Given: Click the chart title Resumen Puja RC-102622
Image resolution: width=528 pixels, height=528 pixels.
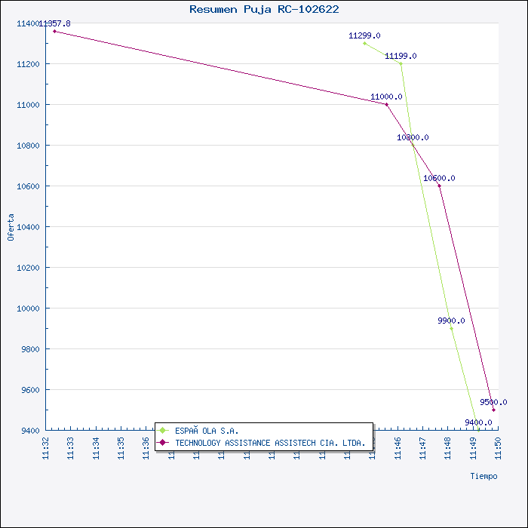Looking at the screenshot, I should (264, 9).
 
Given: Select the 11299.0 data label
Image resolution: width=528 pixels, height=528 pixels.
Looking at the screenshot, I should (364, 35).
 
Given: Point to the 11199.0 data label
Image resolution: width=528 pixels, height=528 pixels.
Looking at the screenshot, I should (401, 56).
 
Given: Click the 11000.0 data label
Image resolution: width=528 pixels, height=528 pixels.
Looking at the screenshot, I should (386, 97).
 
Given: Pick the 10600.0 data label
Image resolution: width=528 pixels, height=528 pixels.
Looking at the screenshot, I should (439, 178).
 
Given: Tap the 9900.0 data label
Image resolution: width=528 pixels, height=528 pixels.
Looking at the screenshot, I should (451, 321).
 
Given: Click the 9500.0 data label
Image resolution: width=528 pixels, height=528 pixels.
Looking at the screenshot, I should (493, 402).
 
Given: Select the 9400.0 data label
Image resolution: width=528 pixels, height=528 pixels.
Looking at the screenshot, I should (478, 422).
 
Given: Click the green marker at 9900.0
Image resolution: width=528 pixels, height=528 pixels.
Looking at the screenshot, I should (451, 328).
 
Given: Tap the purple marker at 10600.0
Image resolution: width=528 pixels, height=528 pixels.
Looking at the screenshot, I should (439, 186).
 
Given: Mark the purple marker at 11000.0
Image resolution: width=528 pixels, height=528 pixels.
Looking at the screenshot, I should (387, 104).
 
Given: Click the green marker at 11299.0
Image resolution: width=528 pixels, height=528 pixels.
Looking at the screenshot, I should (364, 43).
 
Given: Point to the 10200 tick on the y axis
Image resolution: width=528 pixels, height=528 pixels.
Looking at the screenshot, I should (29, 268).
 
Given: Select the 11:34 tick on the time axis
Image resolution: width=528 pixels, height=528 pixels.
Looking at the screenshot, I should (96, 446).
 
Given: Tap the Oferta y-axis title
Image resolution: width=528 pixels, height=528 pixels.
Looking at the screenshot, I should (11, 227).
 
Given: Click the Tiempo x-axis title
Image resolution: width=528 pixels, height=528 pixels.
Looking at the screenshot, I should (483, 476).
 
